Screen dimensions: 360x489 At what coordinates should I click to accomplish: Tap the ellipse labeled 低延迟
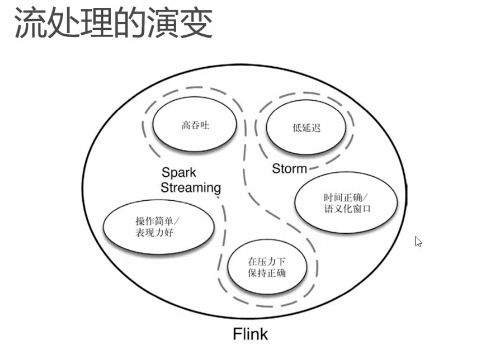coord(307,128)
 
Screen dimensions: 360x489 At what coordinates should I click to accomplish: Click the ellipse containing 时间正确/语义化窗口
coord(347,203)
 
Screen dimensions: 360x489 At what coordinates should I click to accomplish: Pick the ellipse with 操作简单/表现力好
coord(158,228)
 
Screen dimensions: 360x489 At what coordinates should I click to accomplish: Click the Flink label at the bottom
coord(250,334)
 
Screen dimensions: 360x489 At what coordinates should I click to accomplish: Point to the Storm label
coord(289,169)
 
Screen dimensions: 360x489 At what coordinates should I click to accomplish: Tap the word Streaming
coord(190,188)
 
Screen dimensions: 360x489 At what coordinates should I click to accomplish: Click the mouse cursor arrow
coord(418,242)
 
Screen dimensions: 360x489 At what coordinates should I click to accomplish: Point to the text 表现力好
coord(155,233)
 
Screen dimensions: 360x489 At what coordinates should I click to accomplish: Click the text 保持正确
coord(267,273)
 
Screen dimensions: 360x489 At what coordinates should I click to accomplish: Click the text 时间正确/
coord(345,198)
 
